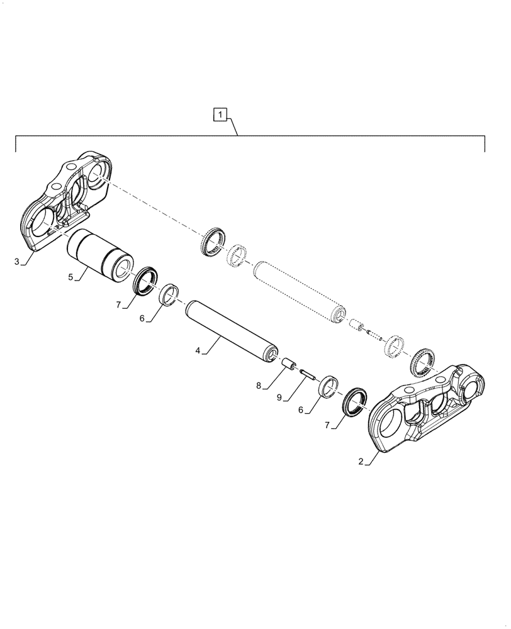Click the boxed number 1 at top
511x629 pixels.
pyautogui.click(x=219, y=114)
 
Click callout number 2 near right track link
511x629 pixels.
pyautogui.click(x=361, y=462)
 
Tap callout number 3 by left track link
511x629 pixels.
pyautogui.click(x=17, y=261)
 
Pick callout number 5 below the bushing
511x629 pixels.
pyautogui.click(x=70, y=276)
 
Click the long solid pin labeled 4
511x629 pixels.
pyautogui.click(x=232, y=330)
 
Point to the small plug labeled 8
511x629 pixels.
pyautogui.click(x=289, y=365)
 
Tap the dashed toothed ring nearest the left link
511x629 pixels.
pyautogui.click(x=213, y=241)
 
